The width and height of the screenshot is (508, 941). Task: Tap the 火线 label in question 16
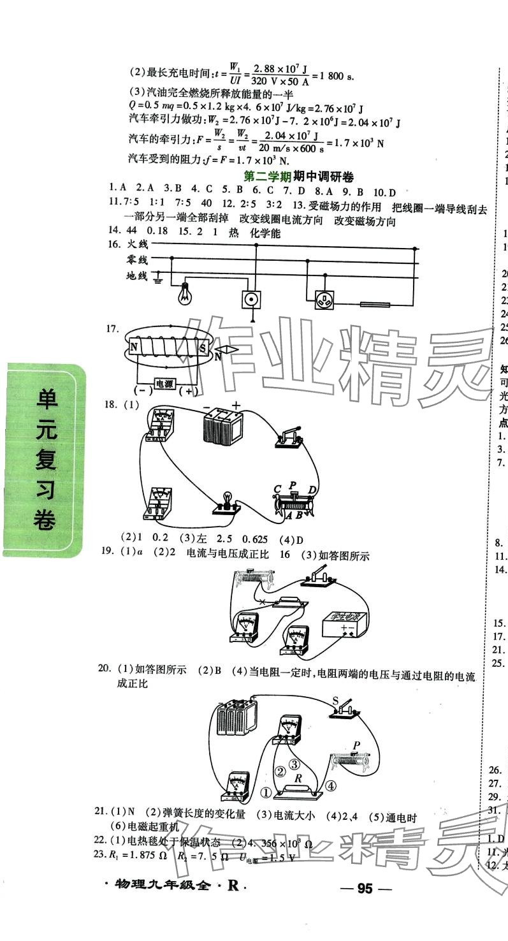pyautogui.click(x=137, y=244)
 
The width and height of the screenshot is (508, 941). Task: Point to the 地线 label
pyautogui.click(x=137, y=275)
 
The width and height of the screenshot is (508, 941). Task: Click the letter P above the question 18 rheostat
pyautogui.click(x=293, y=485)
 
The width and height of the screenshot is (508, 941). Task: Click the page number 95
pyautogui.click(x=374, y=889)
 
